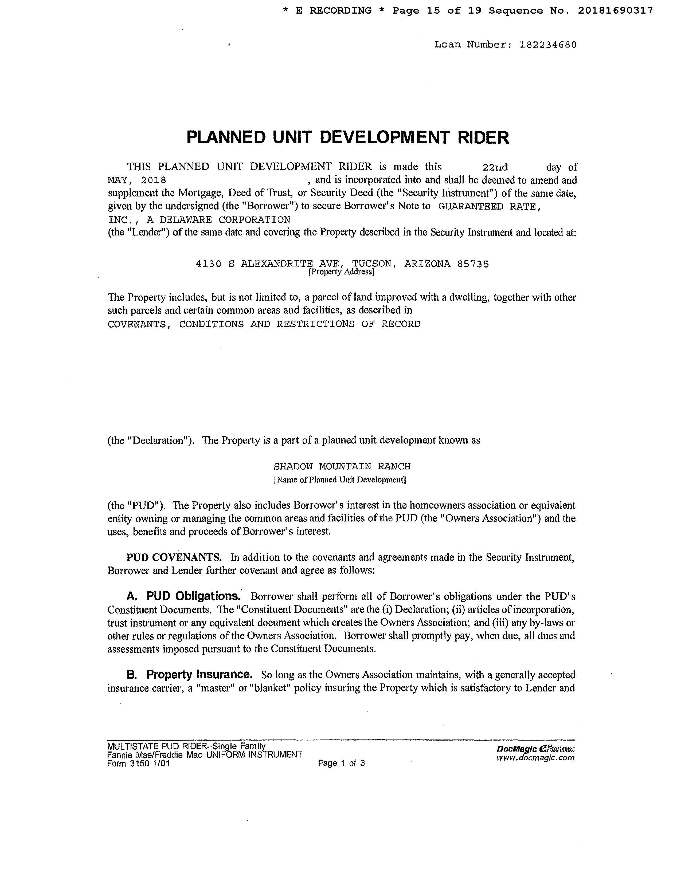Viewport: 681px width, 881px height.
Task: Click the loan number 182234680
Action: click(548, 45)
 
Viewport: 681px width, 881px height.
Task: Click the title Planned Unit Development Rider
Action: click(348, 137)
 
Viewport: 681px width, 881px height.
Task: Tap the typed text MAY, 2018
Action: click(137, 180)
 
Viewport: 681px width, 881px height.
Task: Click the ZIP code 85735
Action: click(473, 264)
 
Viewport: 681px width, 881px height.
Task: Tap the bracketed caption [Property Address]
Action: click(341, 272)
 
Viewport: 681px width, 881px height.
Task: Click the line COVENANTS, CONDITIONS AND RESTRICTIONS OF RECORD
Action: click(264, 324)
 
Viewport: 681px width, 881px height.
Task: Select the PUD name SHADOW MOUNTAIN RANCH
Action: click(342, 467)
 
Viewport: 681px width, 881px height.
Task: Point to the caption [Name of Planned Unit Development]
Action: click(340, 480)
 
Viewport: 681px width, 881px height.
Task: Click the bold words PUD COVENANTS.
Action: click(174, 557)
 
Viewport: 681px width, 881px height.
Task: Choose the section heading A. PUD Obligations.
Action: click(183, 596)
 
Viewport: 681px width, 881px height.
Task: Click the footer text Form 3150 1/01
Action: click(138, 763)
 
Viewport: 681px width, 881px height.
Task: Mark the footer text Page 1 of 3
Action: click(341, 763)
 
